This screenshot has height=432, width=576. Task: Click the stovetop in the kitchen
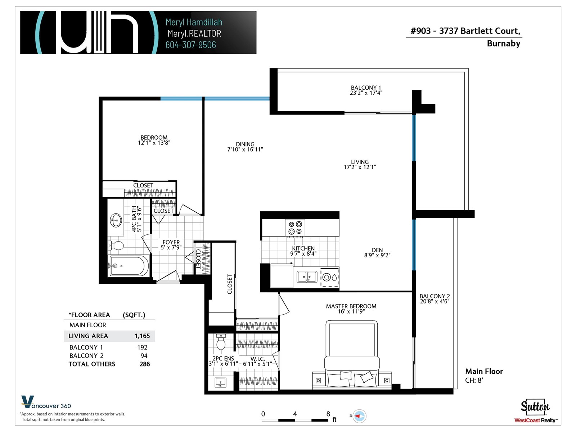pos(295,228)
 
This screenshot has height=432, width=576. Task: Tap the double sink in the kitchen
pos(306,277)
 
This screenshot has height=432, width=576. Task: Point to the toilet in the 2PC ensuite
pos(221,342)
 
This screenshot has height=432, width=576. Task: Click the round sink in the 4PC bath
pos(116,220)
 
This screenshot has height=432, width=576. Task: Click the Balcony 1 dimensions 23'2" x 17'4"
pos(366,93)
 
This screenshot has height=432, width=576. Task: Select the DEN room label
pos(377,250)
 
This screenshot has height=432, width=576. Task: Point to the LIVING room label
pos(360,162)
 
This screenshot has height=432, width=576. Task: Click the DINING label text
pos(245,144)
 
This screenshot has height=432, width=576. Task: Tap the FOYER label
pos(171,242)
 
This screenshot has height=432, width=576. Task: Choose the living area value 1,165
pos(142,336)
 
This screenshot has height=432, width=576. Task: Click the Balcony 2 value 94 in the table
pos(144,356)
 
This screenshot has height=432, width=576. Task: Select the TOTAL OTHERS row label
pos(92,364)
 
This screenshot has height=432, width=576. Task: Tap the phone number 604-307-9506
pos(191,45)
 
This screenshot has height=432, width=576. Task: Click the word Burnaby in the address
pos(504,43)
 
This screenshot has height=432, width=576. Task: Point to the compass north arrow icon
pos(359,416)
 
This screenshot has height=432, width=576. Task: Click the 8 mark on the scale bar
pos(328,414)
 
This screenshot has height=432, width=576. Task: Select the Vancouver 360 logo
pos(46,402)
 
